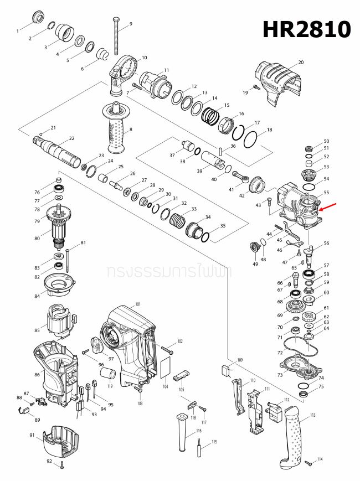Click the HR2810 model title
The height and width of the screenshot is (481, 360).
(306, 29)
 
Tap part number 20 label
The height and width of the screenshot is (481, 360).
(301, 63)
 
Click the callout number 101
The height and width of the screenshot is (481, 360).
(138, 304)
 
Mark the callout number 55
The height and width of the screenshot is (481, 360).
(326, 193)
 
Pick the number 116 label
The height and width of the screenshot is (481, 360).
(198, 430)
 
